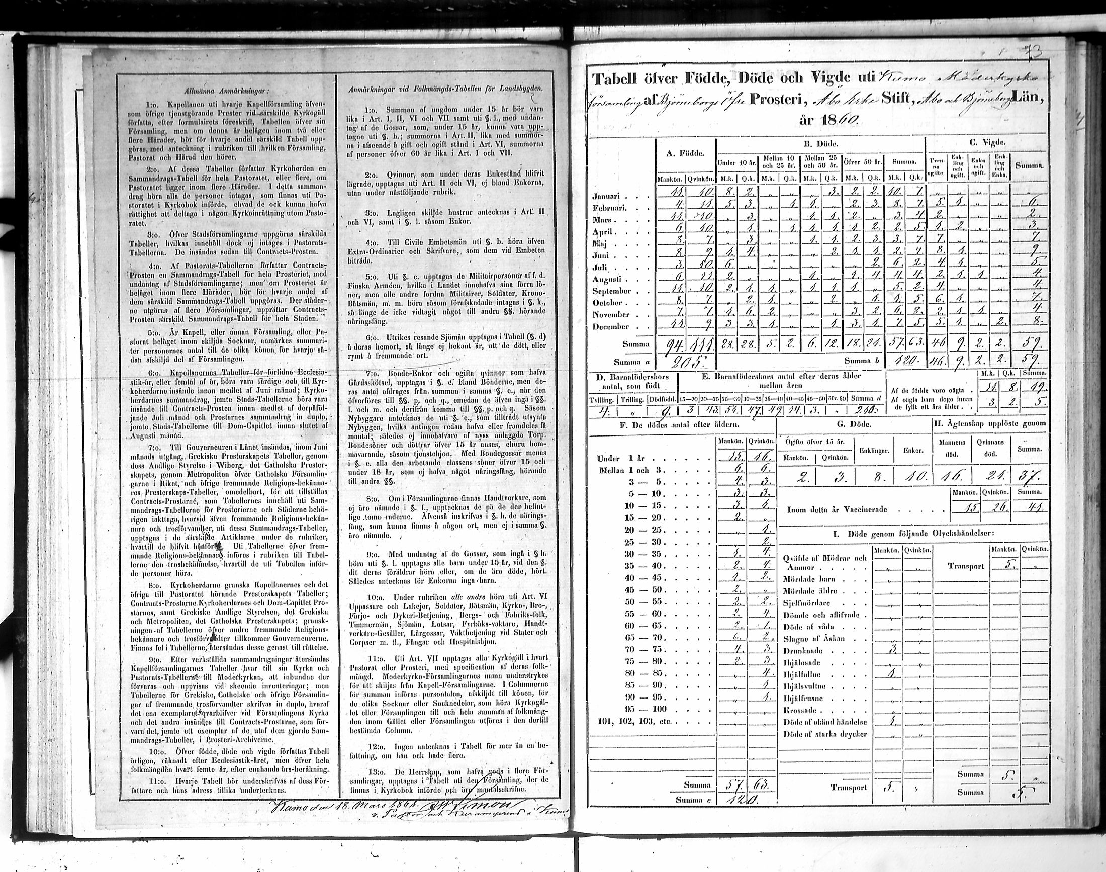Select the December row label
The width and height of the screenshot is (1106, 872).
coord(610,327)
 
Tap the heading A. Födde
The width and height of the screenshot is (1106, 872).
coord(685,153)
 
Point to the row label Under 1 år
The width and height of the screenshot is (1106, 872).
coord(619,459)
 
